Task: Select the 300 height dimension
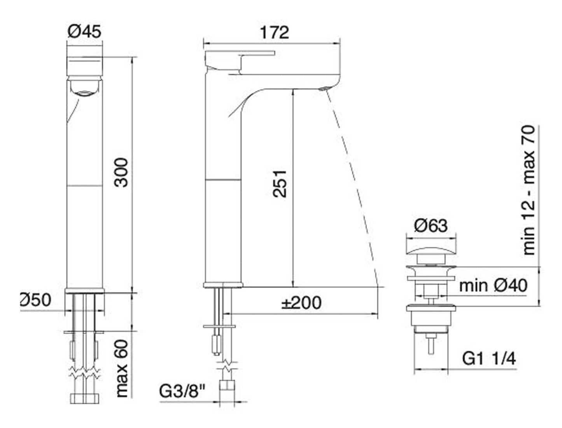pos(122,172)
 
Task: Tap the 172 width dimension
pos(274,32)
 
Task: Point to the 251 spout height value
pos(279,183)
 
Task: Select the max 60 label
pos(122,368)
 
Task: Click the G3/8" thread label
pos(182,391)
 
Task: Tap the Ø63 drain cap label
pos(431,225)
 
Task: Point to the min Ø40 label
pos(493,285)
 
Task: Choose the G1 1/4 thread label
pos(489,358)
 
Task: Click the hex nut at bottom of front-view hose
pos(85,398)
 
